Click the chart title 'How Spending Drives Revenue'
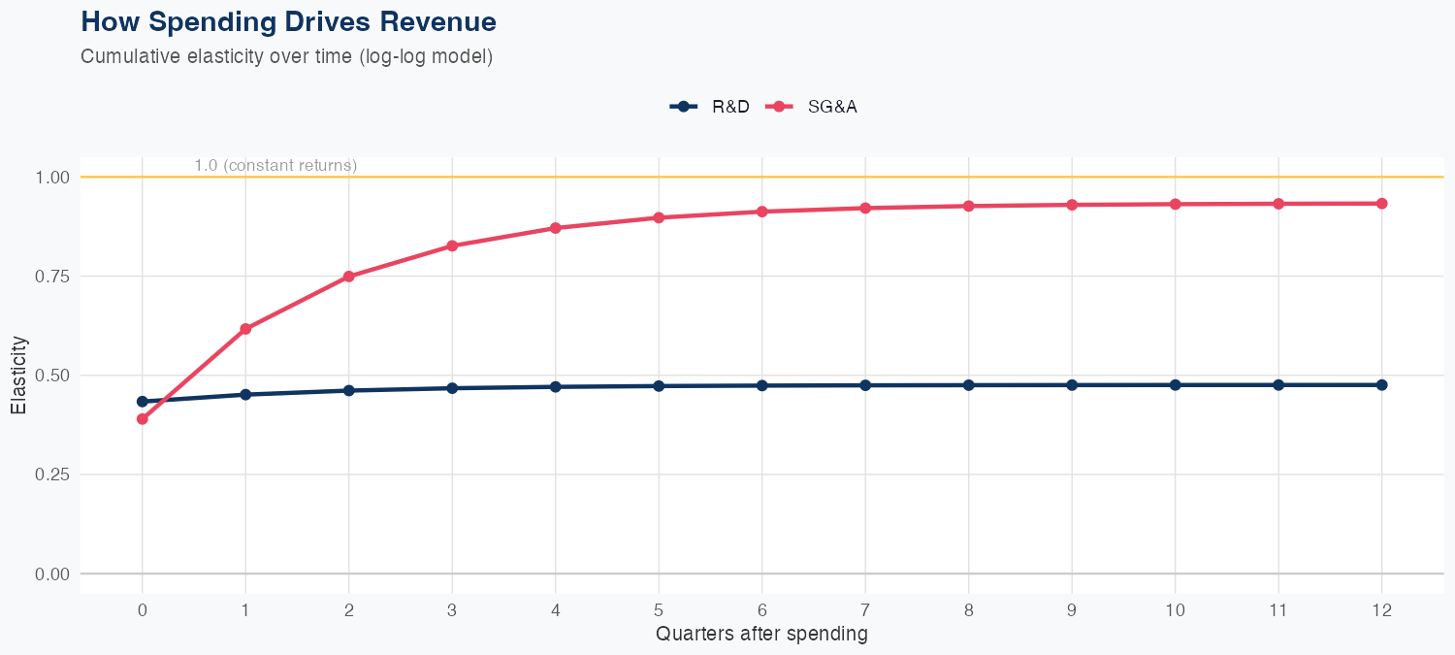(x=288, y=21)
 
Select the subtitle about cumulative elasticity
(x=287, y=56)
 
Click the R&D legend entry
(x=711, y=107)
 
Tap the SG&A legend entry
(x=813, y=107)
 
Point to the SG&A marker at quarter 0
(x=143, y=419)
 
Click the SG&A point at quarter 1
(x=245, y=329)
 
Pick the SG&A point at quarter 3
(x=452, y=246)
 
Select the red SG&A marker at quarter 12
(x=1382, y=203)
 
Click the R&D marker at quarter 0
(x=143, y=401)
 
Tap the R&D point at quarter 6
(x=762, y=385)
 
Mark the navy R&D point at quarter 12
(x=1382, y=384)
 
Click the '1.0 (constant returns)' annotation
(x=275, y=166)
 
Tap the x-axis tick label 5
(x=659, y=610)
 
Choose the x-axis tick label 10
(x=1176, y=610)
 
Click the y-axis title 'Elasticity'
(x=18, y=376)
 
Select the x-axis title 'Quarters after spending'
(x=761, y=635)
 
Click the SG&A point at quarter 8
(x=969, y=206)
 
